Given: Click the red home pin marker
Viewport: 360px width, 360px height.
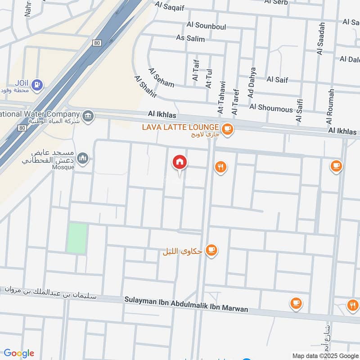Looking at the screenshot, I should pyautogui.click(x=180, y=162).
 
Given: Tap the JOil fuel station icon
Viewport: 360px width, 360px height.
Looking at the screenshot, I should pyautogui.click(x=38, y=83).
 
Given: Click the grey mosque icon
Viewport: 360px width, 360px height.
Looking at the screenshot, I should pyautogui.click(x=82, y=158).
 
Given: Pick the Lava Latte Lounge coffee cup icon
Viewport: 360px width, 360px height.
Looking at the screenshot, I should pyautogui.click(x=228, y=129).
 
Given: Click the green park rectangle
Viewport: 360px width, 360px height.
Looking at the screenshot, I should pyautogui.click(x=77, y=238).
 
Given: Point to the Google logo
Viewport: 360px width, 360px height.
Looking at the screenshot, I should pyautogui.click(x=19, y=353).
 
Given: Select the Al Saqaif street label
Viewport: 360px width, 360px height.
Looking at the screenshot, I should pyautogui.click(x=171, y=5).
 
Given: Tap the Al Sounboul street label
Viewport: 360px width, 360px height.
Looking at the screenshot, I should pyautogui.click(x=207, y=27).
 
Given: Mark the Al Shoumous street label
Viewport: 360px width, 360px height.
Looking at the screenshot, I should pyautogui.click(x=271, y=108).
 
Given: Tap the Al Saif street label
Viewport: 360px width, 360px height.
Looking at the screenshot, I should pyautogui.click(x=277, y=79).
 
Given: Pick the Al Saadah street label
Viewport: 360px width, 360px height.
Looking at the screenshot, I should pyautogui.click(x=321, y=39).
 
